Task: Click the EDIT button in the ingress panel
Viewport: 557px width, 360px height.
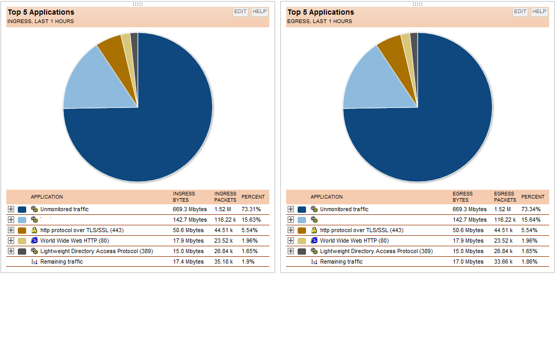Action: (x=241, y=12)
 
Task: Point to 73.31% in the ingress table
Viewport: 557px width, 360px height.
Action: (x=251, y=209)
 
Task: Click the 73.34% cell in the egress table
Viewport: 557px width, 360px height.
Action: (x=531, y=209)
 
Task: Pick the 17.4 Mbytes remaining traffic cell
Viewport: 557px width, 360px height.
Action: (x=188, y=261)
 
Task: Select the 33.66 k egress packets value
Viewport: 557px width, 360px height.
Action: (x=504, y=261)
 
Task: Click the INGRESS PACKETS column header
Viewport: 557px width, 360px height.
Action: (x=225, y=197)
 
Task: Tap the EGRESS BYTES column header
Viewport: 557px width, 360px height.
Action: (x=463, y=197)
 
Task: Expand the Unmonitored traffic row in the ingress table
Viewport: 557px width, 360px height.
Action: (x=11, y=209)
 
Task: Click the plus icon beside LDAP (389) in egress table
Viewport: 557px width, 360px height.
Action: (x=291, y=251)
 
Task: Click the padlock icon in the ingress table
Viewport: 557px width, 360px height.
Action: (x=35, y=230)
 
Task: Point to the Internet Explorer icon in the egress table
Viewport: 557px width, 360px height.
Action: (x=314, y=241)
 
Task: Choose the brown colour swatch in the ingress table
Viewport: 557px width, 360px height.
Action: (x=22, y=230)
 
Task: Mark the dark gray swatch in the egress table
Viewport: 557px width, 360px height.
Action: (x=302, y=251)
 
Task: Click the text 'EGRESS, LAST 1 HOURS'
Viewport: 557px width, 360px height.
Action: (x=320, y=21)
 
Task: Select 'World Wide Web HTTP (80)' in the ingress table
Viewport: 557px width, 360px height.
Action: (x=74, y=241)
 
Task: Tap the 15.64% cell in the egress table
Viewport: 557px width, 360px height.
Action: (x=531, y=220)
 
